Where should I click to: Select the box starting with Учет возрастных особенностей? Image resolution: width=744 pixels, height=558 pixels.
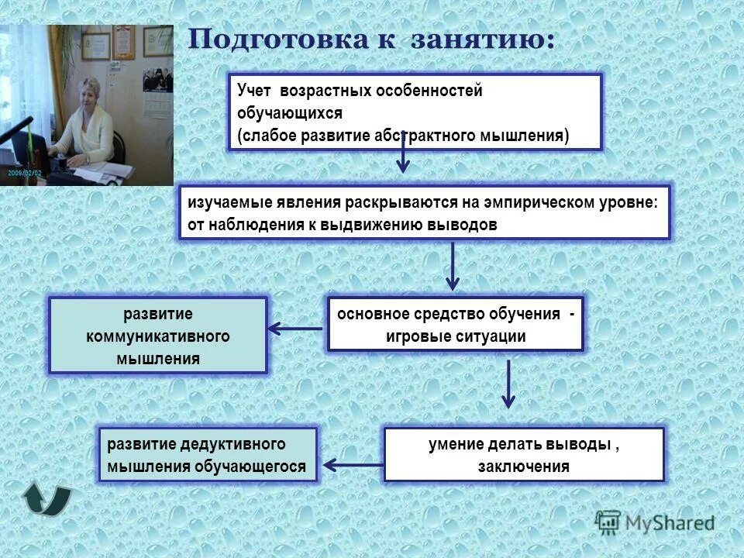pyautogui.click(x=414, y=112)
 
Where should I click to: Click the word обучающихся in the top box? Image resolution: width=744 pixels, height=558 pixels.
pyautogui.click(x=290, y=113)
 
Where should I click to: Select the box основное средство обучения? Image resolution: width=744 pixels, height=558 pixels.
pyautogui.click(x=455, y=324)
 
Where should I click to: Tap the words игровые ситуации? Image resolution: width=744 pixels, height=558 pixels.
pyautogui.click(x=455, y=336)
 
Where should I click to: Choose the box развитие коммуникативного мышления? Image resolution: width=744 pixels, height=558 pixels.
pyautogui.click(x=158, y=336)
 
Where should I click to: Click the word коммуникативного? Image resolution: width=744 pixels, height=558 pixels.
pyautogui.click(x=158, y=336)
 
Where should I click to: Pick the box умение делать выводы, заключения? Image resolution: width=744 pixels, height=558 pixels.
pyautogui.click(x=524, y=454)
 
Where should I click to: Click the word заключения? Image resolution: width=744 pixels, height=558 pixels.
pyautogui.click(x=524, y=467)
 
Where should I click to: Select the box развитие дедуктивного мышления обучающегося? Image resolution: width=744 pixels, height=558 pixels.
pyautogui.click(x=208, y=454)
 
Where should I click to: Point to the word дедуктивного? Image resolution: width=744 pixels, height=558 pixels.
pyautogui.click(x=230, y=444)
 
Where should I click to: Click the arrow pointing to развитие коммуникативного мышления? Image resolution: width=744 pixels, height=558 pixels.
pyautogui.click(x=294, y=329)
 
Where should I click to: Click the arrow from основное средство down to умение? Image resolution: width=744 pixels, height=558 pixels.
pyautogui.click(x=508, y=384)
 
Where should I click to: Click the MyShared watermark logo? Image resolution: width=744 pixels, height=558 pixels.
pyautogui.click(x=655, y=522)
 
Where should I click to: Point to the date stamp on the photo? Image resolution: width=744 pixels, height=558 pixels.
pyautogui.click(x=24, y=174)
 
